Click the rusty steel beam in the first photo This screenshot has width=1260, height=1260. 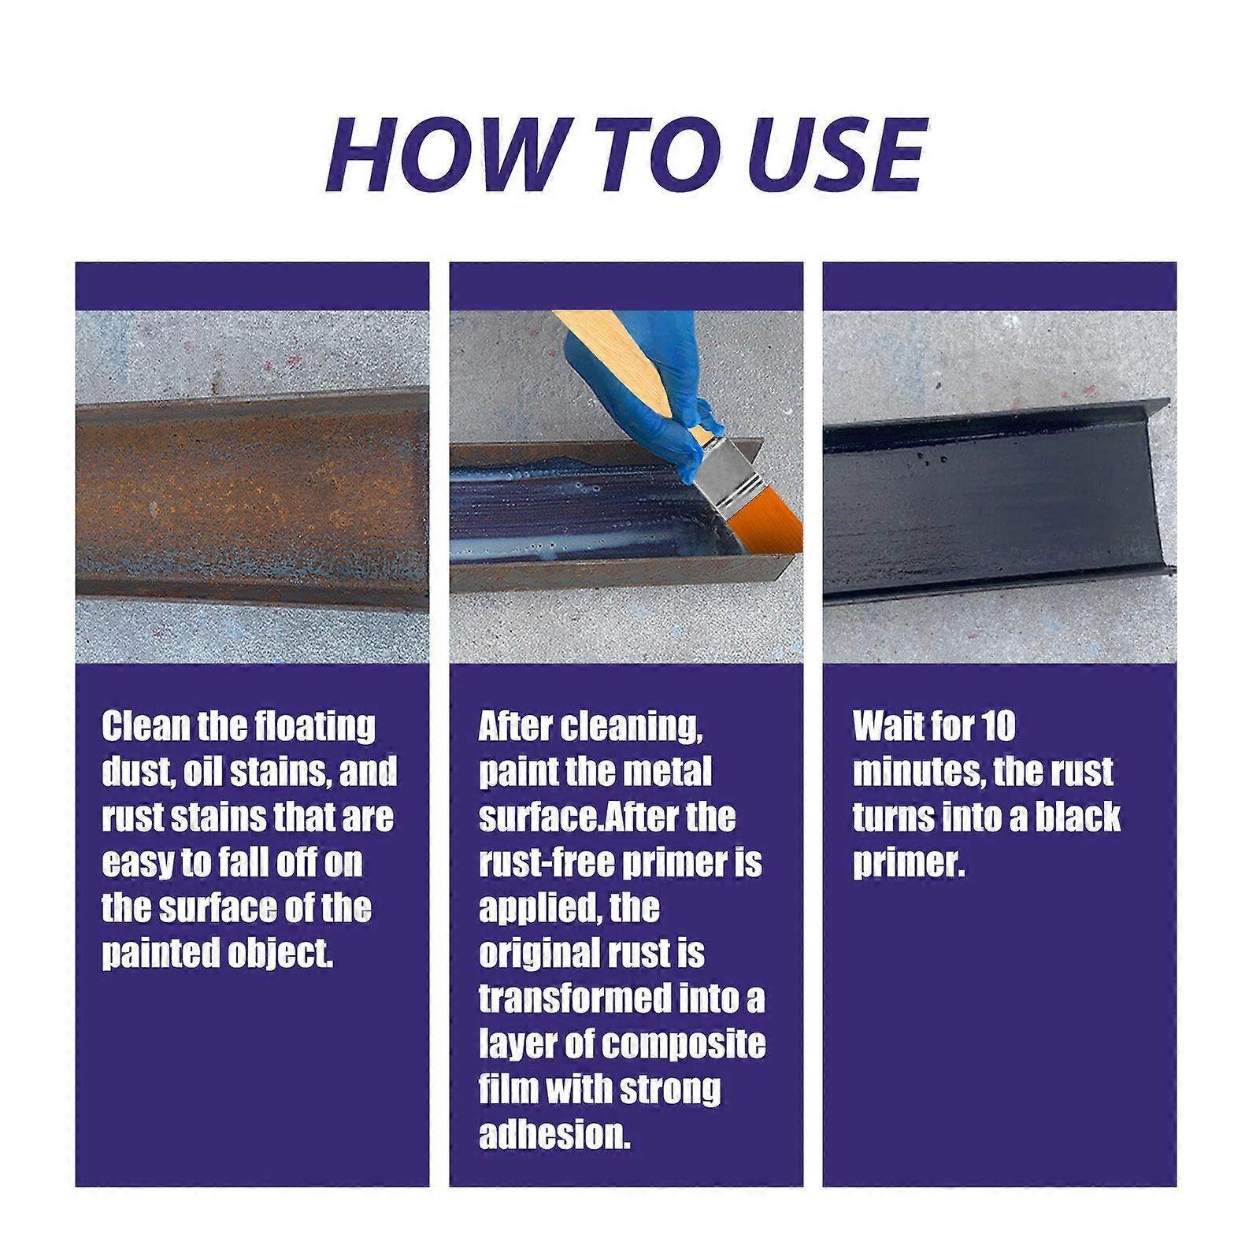(252, 496)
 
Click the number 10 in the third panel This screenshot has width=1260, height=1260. (997, 725)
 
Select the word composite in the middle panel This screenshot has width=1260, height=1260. (683, 1043)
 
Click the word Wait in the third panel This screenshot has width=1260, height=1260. (884, 725)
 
